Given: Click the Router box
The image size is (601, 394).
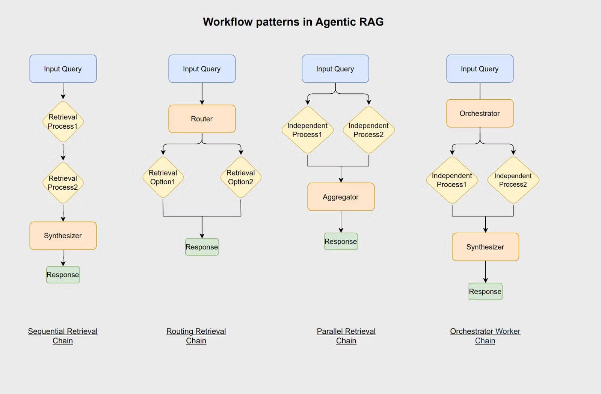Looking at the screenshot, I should (x=202, y=119).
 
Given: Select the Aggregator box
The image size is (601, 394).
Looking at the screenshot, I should (x=341, y=197).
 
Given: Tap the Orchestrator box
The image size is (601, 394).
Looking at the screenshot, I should (x=480, y=113).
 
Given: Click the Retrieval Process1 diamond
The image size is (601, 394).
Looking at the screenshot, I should (x=63, y=122).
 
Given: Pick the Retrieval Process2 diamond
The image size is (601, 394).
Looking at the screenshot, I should (x=63, y=183).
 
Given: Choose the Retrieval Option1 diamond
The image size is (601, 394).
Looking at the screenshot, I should (x=163, y=177).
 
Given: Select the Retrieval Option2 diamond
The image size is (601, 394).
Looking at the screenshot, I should (x=241, y=177).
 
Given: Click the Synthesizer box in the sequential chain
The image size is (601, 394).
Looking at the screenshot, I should (x=63, y=236).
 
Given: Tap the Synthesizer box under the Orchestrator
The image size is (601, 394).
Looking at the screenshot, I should (x=485, y=247).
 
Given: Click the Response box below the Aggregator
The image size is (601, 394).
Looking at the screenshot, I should (x=341, y=242).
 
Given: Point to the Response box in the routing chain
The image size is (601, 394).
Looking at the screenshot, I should (x=202, y=247).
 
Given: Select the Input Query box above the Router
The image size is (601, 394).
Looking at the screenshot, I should (x=202, y=69).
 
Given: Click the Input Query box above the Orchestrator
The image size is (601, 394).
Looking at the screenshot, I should (x=480, y=69).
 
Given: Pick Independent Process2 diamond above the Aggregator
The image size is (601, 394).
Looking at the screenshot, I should (x=368, y=130).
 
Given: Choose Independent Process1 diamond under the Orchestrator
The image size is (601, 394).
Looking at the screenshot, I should (x=452, y=180).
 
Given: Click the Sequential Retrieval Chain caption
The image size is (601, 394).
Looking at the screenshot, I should (x=63, y=336).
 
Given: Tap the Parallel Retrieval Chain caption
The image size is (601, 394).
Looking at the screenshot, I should (x=346, y=336).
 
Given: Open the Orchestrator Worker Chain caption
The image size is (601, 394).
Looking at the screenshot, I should (x=485, y=336).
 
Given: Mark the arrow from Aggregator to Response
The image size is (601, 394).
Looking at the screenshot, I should (x=341, y=222).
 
